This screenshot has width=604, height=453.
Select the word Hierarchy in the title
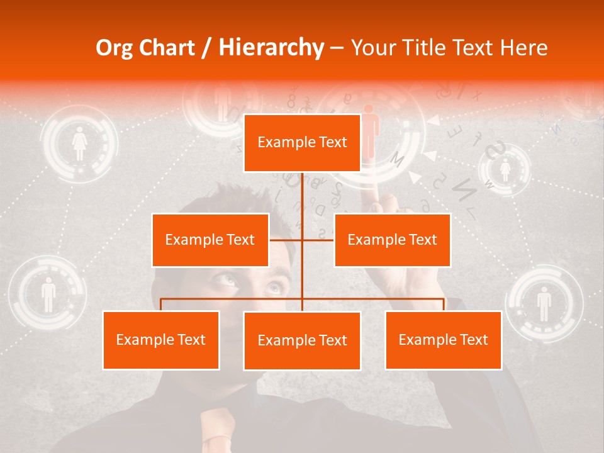click(x=270, y=48)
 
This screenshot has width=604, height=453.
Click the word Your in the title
click(x=371, y=48)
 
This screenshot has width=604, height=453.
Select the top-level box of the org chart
click(x=302, y=143)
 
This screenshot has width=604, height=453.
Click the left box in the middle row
click(x=210, y=240)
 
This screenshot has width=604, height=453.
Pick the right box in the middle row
click(x=392, y=240)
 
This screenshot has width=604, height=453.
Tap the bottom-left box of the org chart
click(x=161, y=340)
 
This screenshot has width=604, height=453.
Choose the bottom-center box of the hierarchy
click(x=302, y=340)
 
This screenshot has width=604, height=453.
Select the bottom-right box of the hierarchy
click(x=443, y=340)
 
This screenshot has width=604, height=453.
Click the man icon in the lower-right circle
click(x=544, y=303)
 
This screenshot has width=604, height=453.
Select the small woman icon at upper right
click(x=505, y=169)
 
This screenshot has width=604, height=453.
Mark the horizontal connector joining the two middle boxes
click(x=301, y=240)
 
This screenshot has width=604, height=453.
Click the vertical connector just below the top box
click(x=303, y=189)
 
